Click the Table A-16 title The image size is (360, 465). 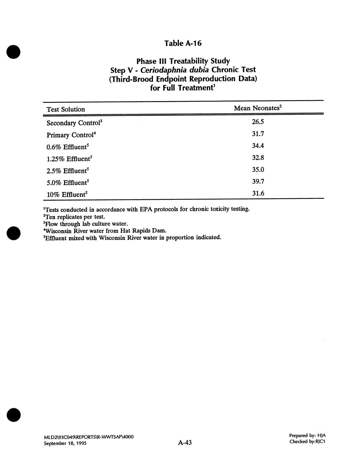(x=183, y=43)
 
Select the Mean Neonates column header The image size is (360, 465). (x=258, y=108)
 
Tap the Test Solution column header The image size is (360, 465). (x=66, y=109)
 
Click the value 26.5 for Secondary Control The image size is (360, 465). (x=258, y=122)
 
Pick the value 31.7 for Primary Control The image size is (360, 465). (x=258, y=134)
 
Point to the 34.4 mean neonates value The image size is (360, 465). (x=258, y=146)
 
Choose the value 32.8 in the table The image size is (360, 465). (x=258, y=158)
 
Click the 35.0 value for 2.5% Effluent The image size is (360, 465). (x=258, y=169)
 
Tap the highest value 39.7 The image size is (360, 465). (x=258, y=182)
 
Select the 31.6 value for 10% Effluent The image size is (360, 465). (x=258, y=193)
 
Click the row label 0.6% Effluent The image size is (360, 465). (x=67, y=147)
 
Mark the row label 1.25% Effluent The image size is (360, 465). (x=69, y=159)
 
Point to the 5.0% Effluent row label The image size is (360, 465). (x=67, y=183)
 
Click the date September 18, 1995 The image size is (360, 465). (x=65, y=443)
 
